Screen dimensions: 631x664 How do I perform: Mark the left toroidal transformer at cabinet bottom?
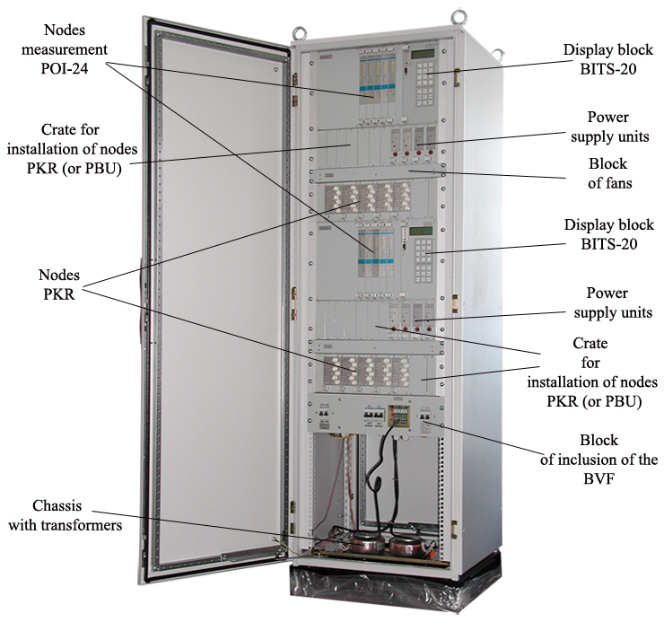click(x=370, y=541)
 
